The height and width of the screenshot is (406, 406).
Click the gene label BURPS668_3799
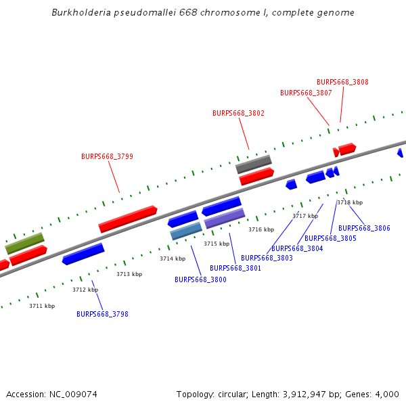point(107,156)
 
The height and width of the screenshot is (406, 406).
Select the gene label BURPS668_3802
point(238,114)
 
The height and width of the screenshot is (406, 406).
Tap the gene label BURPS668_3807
point(306,93)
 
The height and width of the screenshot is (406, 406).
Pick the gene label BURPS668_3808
point(342,82)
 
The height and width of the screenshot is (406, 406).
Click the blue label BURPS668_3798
point(102,314)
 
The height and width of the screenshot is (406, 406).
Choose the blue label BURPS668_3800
point(200,279)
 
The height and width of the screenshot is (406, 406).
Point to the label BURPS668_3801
point(235,268)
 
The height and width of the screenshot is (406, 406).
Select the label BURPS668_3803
point(267,258)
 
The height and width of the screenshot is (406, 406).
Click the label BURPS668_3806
point(364,229)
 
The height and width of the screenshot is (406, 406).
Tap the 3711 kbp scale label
point(42,306)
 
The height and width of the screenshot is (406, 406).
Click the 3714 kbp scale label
point(173,258)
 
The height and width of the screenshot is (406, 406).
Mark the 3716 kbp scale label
point(261,229)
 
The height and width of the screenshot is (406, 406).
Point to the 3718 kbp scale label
point(350,202)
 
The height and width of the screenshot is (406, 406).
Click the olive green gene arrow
point(24,243)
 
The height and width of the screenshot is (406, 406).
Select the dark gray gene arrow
point(253,164)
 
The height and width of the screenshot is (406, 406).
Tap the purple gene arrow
point(225,218)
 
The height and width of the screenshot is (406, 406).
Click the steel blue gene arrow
point(186,231)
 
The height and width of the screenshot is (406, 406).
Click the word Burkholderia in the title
point(81,13)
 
